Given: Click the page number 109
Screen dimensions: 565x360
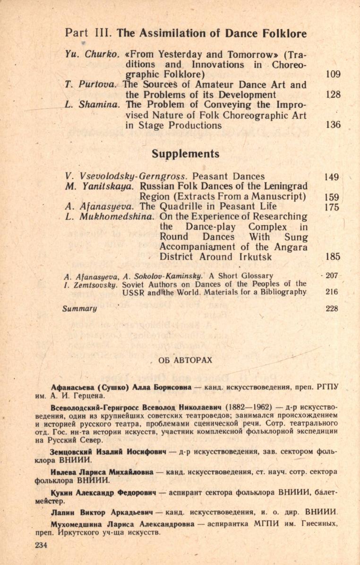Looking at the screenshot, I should [333, 74].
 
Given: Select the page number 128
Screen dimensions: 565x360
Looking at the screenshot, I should [333, 95].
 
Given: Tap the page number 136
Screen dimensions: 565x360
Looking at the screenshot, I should [333, 125].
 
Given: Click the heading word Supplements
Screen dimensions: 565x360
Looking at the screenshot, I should [186, 154].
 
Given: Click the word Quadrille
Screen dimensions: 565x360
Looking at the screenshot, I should [179, 206].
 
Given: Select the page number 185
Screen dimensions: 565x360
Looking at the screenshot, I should [333, 257].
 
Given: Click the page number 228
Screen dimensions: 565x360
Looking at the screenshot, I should [332, 308].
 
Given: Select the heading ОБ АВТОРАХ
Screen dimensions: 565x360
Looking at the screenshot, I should [186, 360].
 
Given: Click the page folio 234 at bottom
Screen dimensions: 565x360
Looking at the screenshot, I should [42, 545].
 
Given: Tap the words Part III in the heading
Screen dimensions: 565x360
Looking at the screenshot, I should [89, 34].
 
